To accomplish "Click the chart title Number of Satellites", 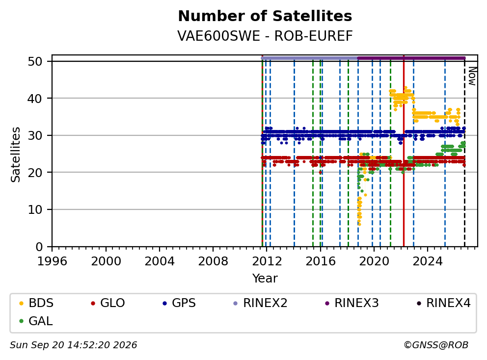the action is (265, 16).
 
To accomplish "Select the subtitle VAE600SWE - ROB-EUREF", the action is (265, 36).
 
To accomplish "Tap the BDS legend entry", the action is (36, 303).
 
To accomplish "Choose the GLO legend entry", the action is (108, 303).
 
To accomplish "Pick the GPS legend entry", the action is (179, 303).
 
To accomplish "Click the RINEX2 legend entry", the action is (260, 303).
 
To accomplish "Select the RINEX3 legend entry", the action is (352, 303).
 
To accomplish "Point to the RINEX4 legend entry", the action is (443, 303).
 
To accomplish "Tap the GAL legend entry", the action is (36, 321).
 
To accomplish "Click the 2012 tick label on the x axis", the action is (267, 261).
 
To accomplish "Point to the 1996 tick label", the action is (52, 261).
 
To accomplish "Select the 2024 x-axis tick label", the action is (428, 261).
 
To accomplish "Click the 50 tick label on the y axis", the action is (35, 61).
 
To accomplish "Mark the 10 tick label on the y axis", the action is (35, 210).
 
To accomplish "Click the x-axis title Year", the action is (265, 279).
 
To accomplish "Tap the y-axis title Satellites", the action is (15, 154).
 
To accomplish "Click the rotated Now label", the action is (472, 76).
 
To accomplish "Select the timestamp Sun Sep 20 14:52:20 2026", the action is (73, 345).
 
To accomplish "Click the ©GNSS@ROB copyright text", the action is (436, 345).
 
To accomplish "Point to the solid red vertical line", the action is (404, 151).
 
